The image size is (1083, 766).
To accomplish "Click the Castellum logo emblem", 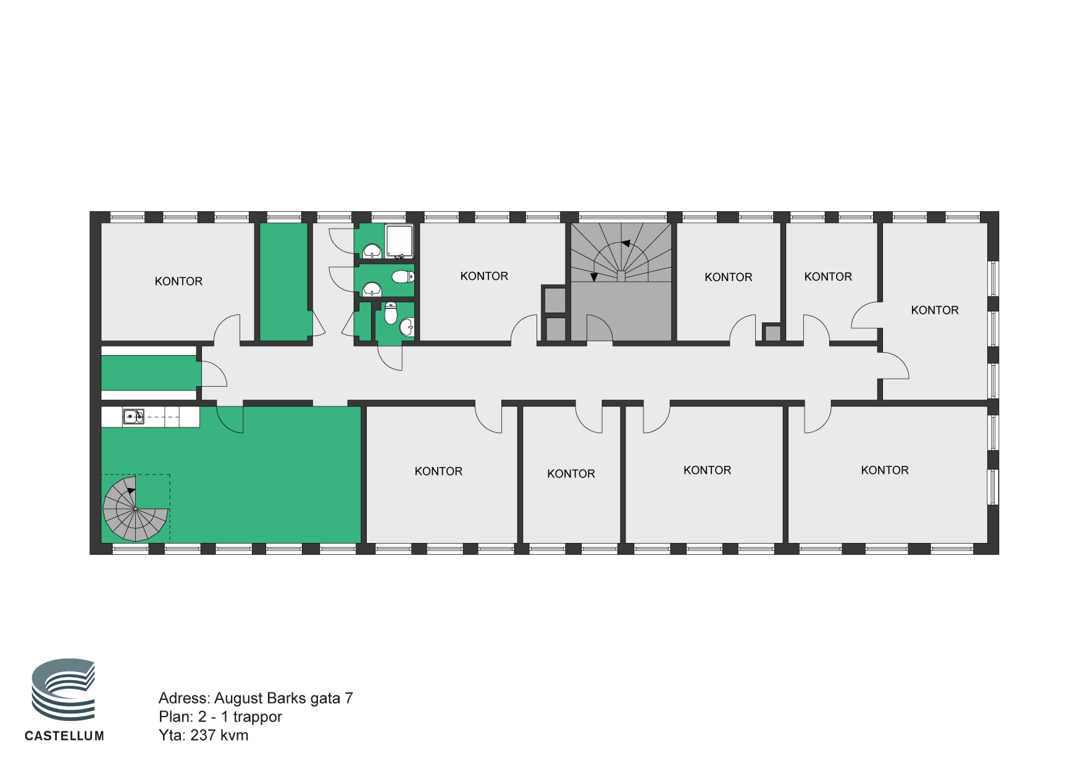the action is tap(64, 689).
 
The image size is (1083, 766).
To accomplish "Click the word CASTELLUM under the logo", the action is tap(64, 736).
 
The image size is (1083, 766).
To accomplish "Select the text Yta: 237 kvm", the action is tap(204, 735).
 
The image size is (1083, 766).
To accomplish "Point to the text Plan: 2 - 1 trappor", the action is tap(220, 717).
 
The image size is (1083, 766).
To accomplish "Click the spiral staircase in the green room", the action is tap(135, 508).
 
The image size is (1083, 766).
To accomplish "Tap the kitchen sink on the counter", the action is tap(133, 417).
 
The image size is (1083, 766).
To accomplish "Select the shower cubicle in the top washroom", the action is tap(399, 241).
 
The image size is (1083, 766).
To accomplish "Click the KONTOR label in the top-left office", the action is tap(178, 282).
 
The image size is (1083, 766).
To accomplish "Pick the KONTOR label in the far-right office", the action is tap(935, 310).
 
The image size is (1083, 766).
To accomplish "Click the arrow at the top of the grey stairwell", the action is tap(626, 243).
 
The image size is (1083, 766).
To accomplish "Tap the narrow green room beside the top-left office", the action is tap(283, 282).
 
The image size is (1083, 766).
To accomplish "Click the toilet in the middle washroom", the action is tap(403, 276).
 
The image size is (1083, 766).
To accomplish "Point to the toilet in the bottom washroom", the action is tap(390, 313).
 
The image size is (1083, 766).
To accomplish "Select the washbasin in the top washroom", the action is tap(372, 250).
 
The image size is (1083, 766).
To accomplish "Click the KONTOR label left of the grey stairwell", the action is tap(484, 276).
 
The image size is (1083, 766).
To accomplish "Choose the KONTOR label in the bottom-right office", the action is tap(885, 470).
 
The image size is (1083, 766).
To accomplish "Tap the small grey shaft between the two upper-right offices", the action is tap(772, 333).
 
